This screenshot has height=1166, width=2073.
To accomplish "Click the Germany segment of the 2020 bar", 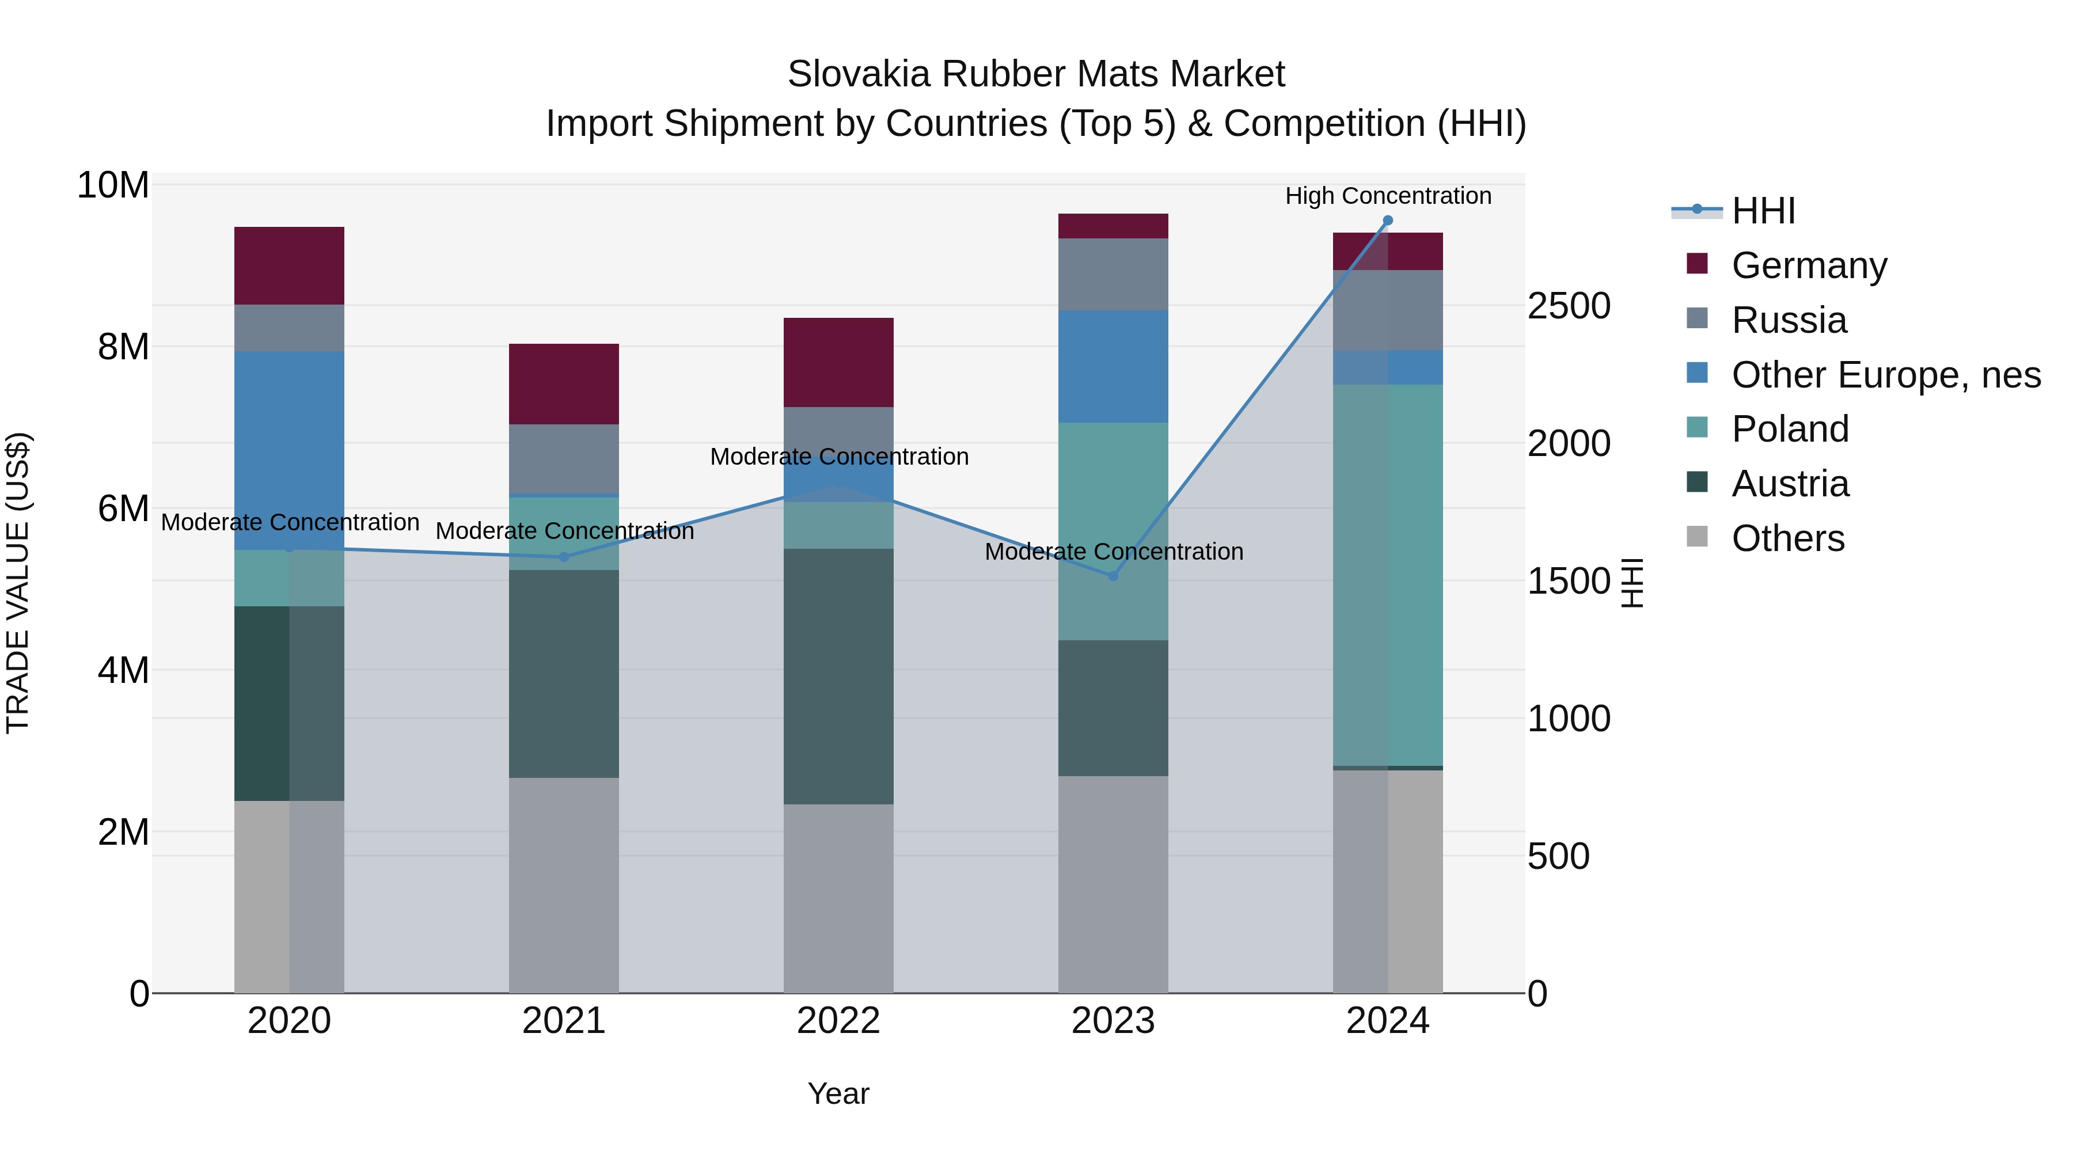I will pos(289,265).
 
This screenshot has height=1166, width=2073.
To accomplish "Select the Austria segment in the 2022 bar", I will pos(838,676).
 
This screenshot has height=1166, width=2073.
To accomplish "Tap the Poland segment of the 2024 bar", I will pos(1387,575).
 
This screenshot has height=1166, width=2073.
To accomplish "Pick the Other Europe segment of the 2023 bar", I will pos(1113,366).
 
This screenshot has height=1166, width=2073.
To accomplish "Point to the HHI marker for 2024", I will pos(1387,221).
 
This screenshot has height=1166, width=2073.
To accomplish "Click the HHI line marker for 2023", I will pos(1113,576).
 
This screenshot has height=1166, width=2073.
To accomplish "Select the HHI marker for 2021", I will pos(563,557).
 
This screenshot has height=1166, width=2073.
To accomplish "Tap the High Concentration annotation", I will pos(1387,196).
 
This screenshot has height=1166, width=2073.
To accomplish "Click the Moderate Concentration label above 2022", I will pos(838,456).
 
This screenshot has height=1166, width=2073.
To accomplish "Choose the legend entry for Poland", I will pos(1790,429).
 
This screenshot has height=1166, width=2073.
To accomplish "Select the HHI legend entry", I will pos(1763,211).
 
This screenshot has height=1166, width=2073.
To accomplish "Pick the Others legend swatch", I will pos(1696,537).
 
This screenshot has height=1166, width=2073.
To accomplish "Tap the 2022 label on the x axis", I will pos(838,1021).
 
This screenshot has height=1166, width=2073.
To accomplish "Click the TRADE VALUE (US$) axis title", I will pos(18,583).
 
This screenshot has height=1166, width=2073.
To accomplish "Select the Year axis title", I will pos(838,1093).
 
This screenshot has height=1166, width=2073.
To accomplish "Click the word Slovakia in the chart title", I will pos(859,74).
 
